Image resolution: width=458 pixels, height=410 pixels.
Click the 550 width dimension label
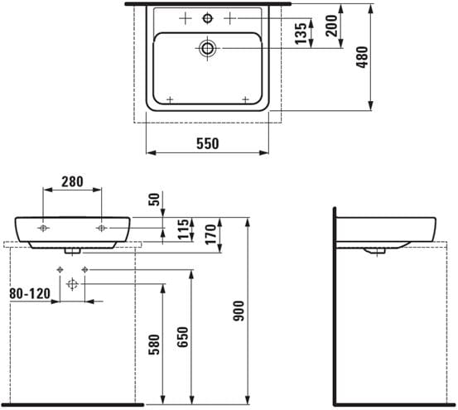coord(207,143)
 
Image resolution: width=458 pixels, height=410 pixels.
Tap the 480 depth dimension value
coord(363,57)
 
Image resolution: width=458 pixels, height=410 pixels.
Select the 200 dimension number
coord(331,26)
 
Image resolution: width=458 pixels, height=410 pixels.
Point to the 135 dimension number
coord(301,34)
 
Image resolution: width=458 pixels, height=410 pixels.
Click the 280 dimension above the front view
coord(72,181)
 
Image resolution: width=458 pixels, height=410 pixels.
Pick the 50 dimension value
coord(155,200)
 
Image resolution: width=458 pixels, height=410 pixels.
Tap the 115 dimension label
coord(184,229)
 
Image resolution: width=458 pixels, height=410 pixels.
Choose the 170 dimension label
coord(210,234)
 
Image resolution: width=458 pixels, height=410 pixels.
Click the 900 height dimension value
coord(239,311)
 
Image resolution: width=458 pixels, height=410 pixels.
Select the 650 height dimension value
coord(183,337)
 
